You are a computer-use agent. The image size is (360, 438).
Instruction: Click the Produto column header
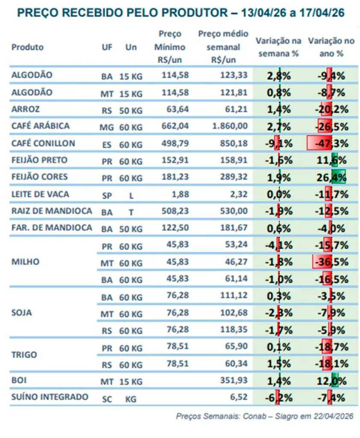click(x=28, y=47)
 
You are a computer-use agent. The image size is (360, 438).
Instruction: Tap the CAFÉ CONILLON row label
click(x=43, y=143)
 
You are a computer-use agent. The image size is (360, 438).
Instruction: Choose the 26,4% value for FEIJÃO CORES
click(x=331, y=177)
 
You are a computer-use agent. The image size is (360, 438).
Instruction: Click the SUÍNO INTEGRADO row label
click(x=50, y=397)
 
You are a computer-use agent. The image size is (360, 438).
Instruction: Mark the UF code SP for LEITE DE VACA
click(x=106, y=195)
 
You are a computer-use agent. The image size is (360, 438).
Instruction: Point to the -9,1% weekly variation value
click(x=279, y=143)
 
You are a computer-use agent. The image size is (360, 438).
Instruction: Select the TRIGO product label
click(x=24, y=355)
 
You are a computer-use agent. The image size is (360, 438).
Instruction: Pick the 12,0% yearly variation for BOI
click(x=331, y=381)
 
